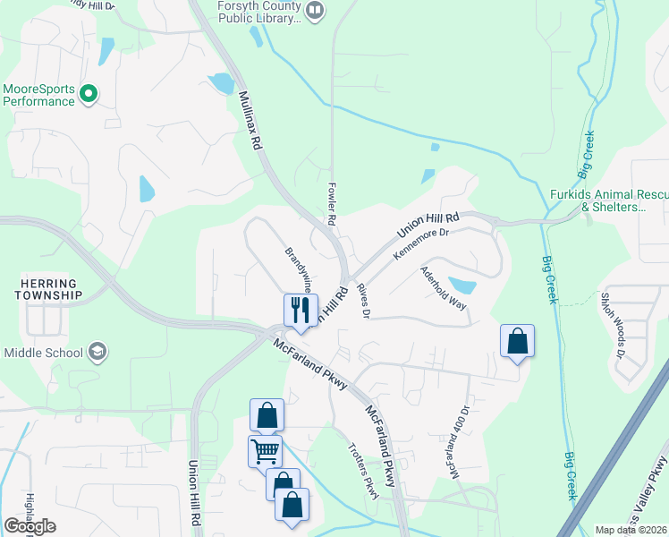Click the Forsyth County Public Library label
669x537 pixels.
click(x=258, y=12)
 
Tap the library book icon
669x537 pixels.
click(x=315, y=11)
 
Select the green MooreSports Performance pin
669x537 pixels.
click(x=88, y=92)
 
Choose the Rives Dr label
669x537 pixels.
click(x=363, y=300)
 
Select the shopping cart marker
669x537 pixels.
click(x=265, y=450)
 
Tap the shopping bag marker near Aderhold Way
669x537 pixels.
click(x=517, y=341)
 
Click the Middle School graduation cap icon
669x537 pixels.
click(x=98, y=351)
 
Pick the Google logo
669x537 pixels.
click(x=30, y=526)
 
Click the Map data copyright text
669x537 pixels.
click(x=631, y=530)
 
